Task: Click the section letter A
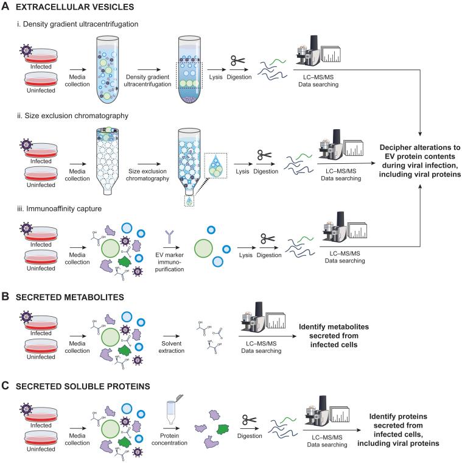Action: click(x=5, y=6)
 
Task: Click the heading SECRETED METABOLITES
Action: click(x=70, y=297)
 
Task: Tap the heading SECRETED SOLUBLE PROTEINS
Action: click(x=83, y=386)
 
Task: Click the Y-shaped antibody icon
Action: click(x=169, y=237)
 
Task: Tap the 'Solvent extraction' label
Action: click(x=172, y=347)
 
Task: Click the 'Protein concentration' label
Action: click(x=169, y=439)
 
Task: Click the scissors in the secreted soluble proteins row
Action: click(x=250, y=420)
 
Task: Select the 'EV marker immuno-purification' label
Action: click(x=169, y=262)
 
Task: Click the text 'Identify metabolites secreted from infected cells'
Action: click(x=334, y=336)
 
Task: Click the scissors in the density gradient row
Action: click(x=238, y=60)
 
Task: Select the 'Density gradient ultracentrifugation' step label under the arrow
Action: click(x=147, y=80)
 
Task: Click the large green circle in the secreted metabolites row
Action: click(x=110, y=338)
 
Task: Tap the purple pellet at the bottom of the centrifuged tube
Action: click(x=189, y=99)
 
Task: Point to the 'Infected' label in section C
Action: click(x=41, y=425)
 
